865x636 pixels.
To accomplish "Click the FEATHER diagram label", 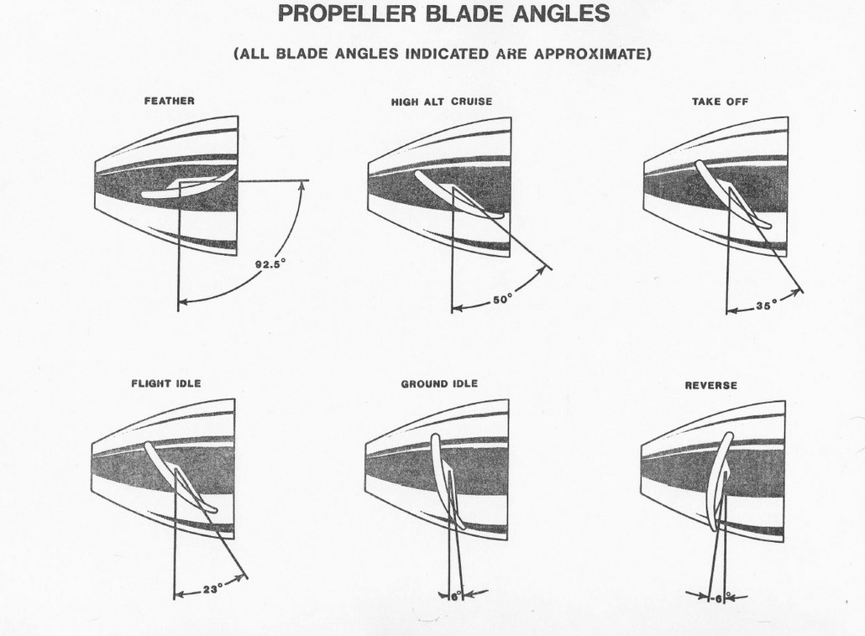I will (x=170, y=101).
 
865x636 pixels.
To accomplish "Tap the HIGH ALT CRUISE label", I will (x=442, y=102).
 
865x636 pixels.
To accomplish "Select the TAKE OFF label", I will (x=720, y=102).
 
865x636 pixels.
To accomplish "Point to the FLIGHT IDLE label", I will (x=166, y=383).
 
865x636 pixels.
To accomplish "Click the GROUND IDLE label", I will (x=439, y=383).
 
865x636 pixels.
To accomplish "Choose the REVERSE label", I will (x=710, y=385).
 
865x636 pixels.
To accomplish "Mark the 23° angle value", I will (x=212, y=589).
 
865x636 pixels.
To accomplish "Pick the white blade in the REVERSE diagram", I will (x=718, y=482).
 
